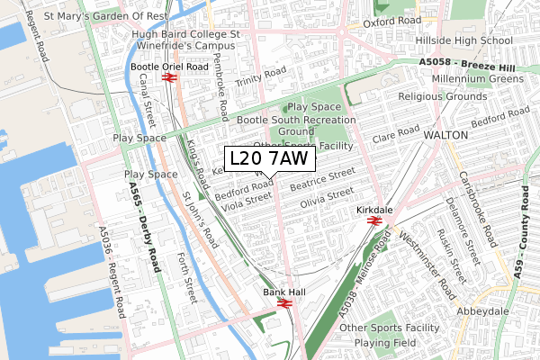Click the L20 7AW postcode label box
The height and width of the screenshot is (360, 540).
(x=269, y=159)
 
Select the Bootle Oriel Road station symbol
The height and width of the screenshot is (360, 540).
(x=167, y=79)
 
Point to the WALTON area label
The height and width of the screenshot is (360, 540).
(x=437, y=134)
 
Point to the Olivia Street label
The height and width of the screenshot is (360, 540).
(x=327, y=197)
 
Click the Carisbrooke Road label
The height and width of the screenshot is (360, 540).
(x=475, y=210)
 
